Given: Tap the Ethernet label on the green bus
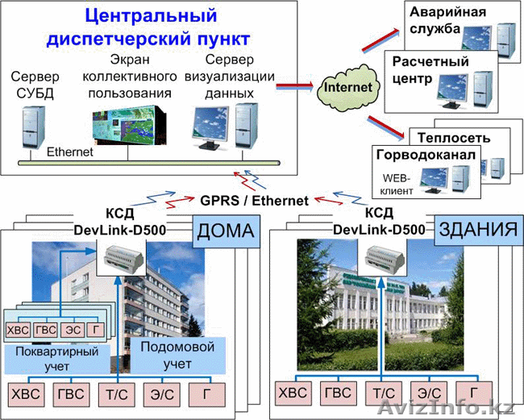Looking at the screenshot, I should point(71,151).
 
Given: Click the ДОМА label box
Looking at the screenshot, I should point(223,234).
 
